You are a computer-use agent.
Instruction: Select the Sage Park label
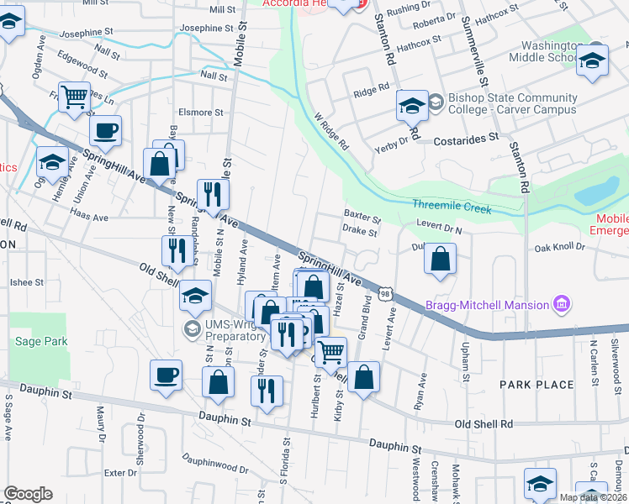(x=41, y=342)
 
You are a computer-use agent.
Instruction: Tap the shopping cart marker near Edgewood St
(x=75, y=97)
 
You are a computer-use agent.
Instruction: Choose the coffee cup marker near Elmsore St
(x=106, y=130)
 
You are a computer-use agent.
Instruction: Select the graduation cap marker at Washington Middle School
(x=592, y=61)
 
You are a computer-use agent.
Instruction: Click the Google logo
(x=28, y=494)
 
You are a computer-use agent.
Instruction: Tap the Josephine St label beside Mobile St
(x=206, y=28)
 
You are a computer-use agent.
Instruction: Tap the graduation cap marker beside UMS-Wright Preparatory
(x=195, y=295)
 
